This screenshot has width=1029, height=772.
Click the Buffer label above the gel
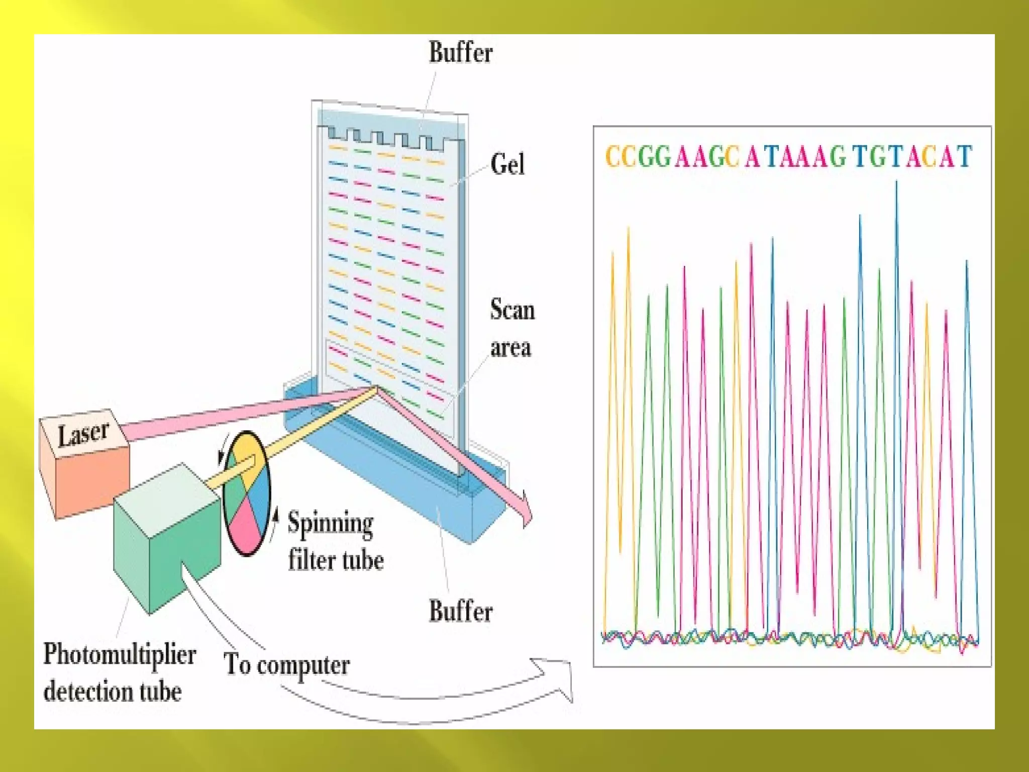[x=460, y=52]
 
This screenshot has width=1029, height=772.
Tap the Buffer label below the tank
[x=460, y=611]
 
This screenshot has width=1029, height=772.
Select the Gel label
[x=507, y=164]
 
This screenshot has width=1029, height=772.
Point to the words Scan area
[x=512, y=328]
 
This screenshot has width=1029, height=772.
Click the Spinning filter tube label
[x=335, y=541]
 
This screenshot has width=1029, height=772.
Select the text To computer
[x=286, y=664]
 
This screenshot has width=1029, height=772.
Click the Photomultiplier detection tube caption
[x=119, y=672]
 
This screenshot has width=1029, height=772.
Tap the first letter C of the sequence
[x=612, y=156]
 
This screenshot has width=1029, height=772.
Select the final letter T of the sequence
[x=964, y=156]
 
